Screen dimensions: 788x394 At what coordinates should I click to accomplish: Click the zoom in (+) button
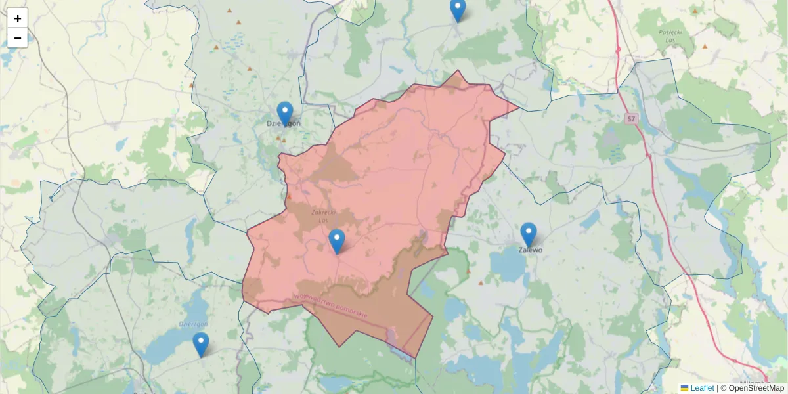[18, 18]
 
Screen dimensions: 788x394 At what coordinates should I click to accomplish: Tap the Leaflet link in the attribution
[702, 388]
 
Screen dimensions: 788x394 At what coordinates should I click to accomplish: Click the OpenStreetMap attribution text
[756, 388]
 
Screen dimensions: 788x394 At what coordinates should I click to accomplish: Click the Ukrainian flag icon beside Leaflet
[685, 388]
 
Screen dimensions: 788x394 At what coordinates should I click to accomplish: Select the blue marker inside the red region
[337, 242]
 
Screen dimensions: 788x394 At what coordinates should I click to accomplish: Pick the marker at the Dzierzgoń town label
[284, 114]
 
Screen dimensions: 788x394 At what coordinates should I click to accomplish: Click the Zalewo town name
[531, 250]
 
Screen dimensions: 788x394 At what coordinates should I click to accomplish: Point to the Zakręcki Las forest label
[323, 216]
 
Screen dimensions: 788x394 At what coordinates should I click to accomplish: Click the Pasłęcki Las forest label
[672, 35]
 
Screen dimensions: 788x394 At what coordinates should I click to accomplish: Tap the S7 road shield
[631, 119]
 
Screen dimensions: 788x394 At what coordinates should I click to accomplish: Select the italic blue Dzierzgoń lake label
[193, 324]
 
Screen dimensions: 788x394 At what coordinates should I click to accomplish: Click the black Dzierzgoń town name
[283, 124]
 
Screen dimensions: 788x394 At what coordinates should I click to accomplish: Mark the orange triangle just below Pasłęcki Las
[705, 47]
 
